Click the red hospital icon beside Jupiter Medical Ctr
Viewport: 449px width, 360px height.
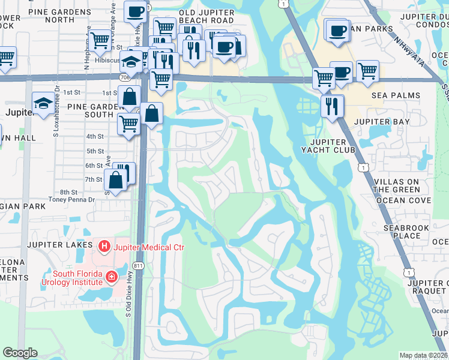pyautogui.click(x=104, y=246)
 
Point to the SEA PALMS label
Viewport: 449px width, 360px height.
pyautogui.click(x=396, y=95)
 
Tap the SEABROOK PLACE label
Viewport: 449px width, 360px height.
pyautogui.click(x=406, y=232)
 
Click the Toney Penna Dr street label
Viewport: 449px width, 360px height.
pyautogui.click(x=72, y=199)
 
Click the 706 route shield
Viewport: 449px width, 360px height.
pyautogui.click(x=125, y=77)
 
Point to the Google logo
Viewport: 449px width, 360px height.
pyautogui.click(x=20, y=353)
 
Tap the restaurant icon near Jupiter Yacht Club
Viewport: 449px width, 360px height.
pyautogui.click(x=331, y=106)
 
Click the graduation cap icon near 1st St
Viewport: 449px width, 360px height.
pyautogui.click(x=43, y=103)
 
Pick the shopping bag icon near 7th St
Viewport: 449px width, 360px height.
pyautogui.click(x=115, y=180)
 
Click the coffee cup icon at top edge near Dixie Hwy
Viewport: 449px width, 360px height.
pyautogui.click(x=136, y=11)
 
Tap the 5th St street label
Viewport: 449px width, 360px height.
pyautogui.click(x=95, y=151)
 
